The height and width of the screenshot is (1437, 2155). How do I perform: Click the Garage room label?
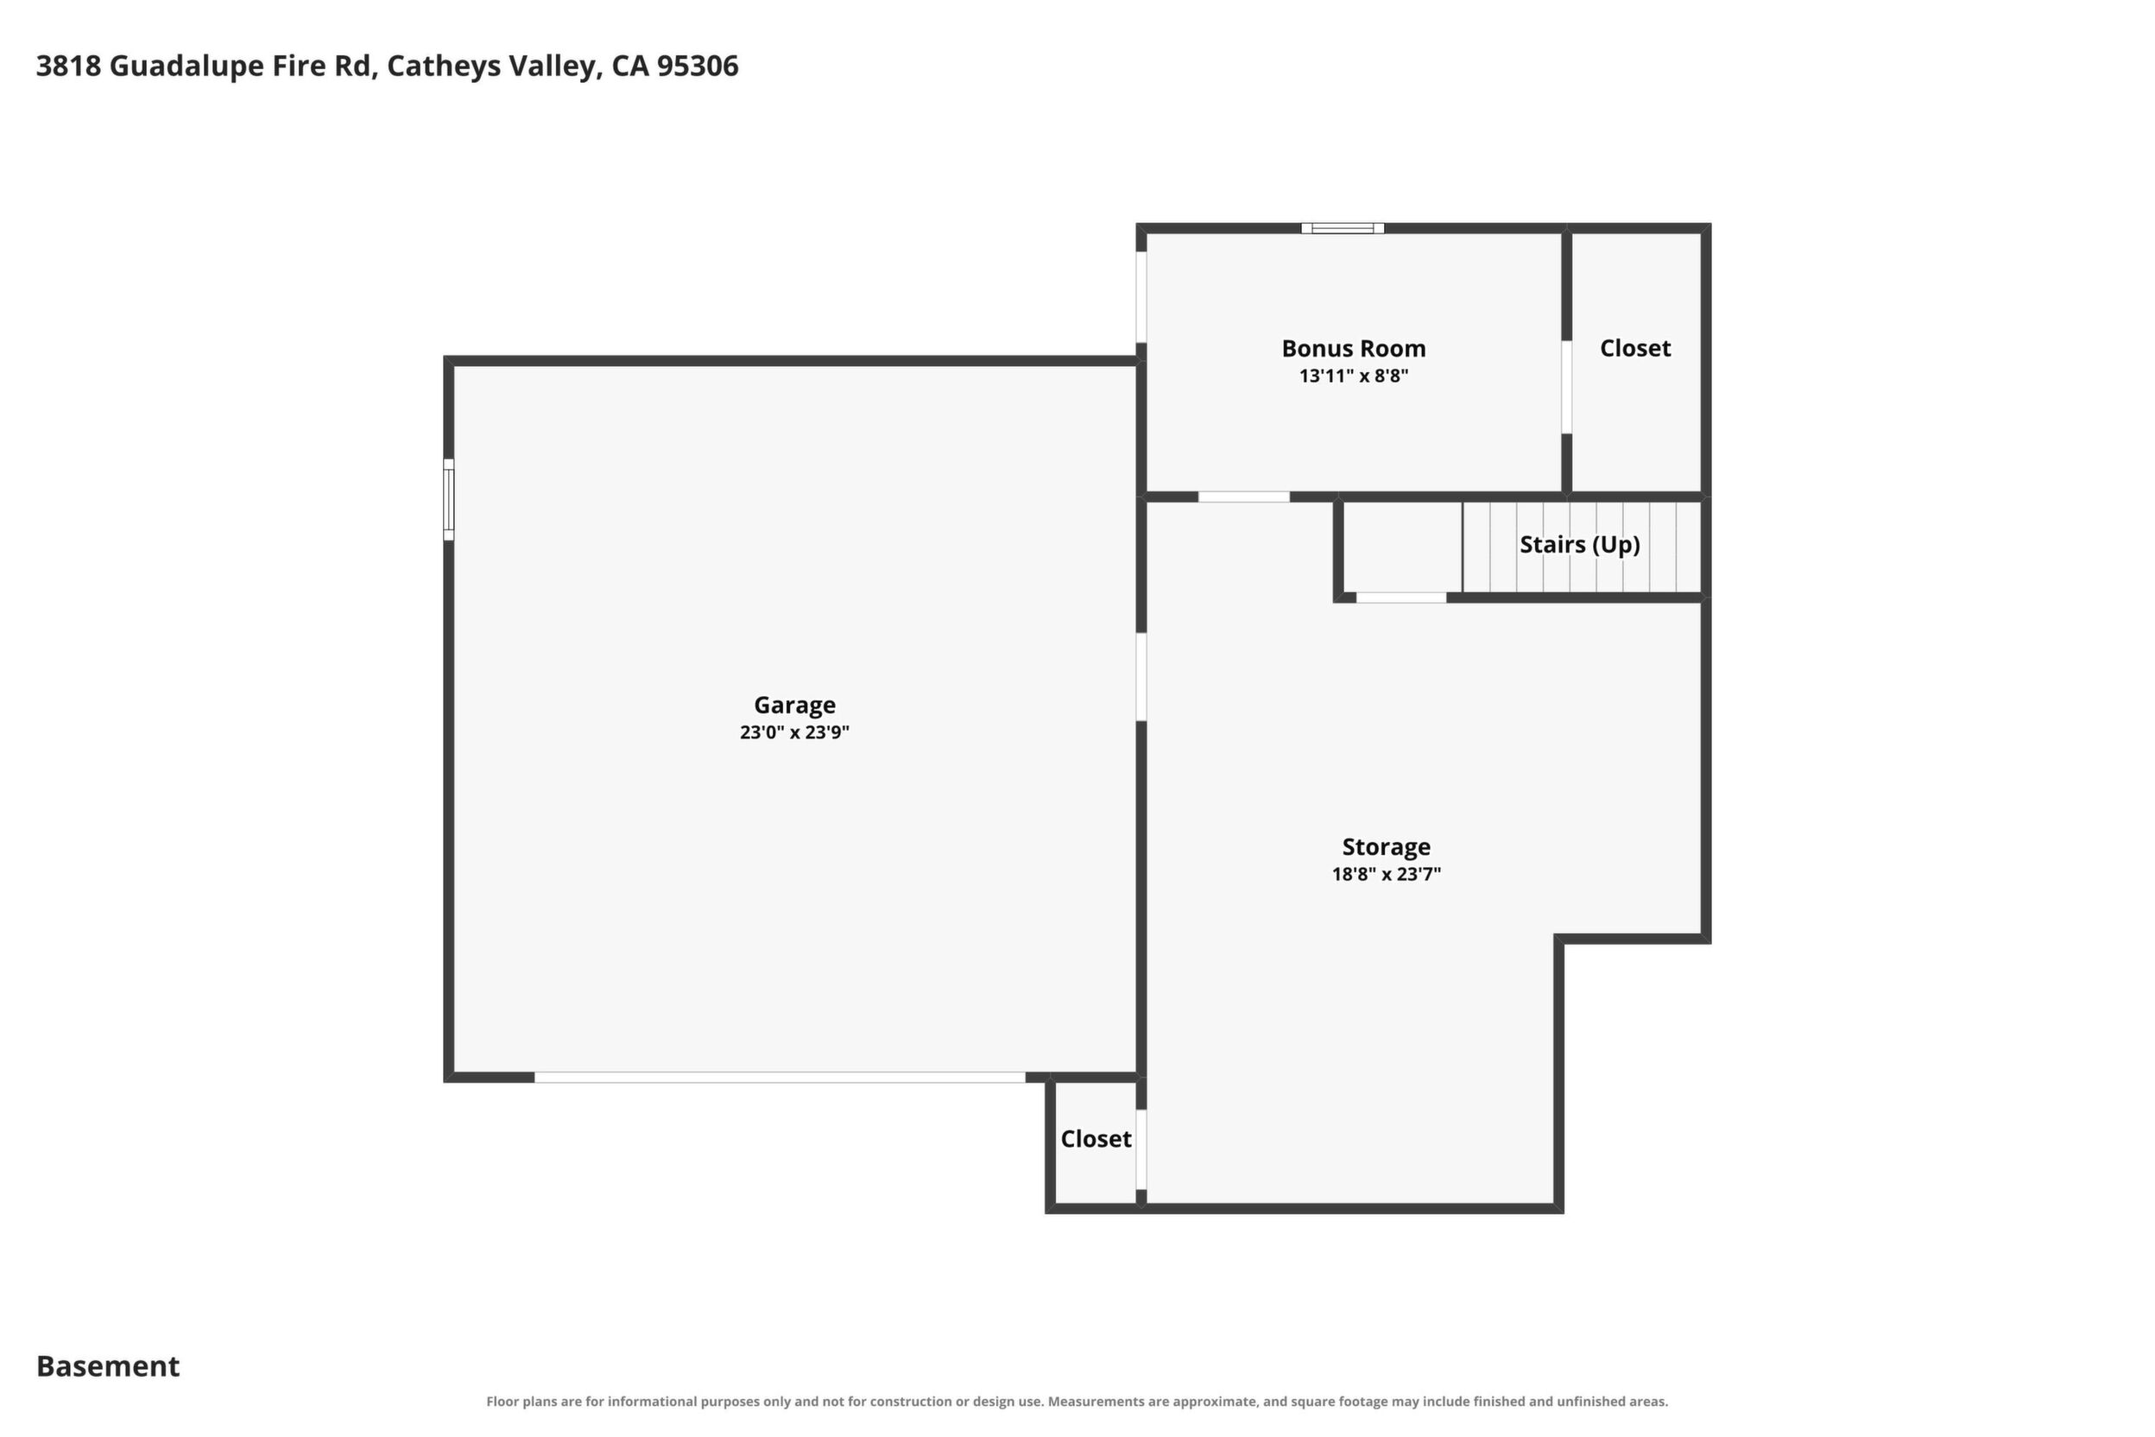point(794,705)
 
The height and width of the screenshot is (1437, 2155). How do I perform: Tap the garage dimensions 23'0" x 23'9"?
point(794,732)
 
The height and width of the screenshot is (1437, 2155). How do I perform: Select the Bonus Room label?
point(1353,348)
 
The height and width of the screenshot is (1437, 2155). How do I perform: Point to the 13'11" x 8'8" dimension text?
point(1353,376)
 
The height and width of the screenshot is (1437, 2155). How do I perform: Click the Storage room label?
point(1386,847)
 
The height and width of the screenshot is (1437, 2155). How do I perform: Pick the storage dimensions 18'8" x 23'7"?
point(1386,874)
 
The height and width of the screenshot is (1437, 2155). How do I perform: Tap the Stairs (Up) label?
point(1580,544)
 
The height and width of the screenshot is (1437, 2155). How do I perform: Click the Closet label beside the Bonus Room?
point(1634,348)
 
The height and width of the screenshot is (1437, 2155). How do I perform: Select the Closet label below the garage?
point(1096,1139)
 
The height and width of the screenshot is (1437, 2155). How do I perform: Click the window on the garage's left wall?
point(449,499)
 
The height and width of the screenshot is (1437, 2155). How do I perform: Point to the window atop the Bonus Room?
point(1343,228)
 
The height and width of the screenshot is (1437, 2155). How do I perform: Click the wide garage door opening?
point(780,1077)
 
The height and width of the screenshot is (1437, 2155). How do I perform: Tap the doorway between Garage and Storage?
point(1141,677)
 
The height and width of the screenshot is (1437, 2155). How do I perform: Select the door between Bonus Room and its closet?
point(1567,387)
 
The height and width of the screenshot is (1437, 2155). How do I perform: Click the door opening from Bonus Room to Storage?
point(1243,497)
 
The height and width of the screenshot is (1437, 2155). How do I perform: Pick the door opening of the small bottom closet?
point(1141,1149)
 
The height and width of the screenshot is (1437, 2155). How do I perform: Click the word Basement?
point(108,1365)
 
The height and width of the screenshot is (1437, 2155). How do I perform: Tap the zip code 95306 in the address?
point(698,66)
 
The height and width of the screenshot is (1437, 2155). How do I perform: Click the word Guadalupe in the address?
point(186,66)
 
